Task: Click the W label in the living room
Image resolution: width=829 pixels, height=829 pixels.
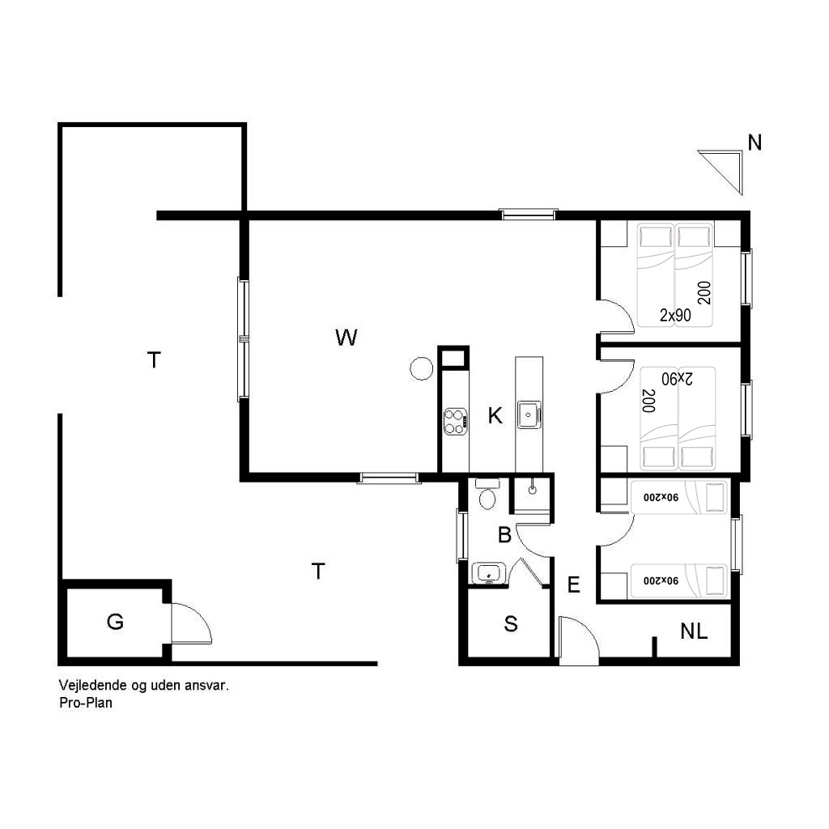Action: click(x=346, y=337)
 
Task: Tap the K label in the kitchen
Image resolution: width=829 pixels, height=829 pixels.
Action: click(x=495, y=415)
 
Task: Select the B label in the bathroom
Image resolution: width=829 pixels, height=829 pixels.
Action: click(x=504, y=534)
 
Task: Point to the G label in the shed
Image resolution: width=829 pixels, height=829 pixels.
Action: click(x=115, y=621)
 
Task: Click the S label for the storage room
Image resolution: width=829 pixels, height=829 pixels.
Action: click(x=511, y=624)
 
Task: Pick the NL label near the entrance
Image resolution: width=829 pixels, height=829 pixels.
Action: click(x=694, y=631)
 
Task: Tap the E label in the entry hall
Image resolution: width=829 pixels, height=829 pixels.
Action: click(x=574, y=585)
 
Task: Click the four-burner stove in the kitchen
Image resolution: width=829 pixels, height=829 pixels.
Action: click(x=455, y=421)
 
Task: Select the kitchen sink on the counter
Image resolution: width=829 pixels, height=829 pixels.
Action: click(x=529, y=414)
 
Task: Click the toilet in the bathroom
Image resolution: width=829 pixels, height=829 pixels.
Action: click(x=487, y=494)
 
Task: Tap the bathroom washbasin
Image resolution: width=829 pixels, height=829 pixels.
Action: click(x=488, y=572)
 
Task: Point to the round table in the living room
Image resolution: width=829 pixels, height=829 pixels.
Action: click(x=421, y=368)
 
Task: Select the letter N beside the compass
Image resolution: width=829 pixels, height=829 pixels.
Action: click(x=755, y=142)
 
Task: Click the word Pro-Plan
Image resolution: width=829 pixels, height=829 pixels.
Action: click(x=86, y=703)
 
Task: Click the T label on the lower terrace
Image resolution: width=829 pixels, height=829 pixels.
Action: click(x=317, y=571)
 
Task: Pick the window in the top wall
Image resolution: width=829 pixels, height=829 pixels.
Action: click(x=529, y=214)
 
